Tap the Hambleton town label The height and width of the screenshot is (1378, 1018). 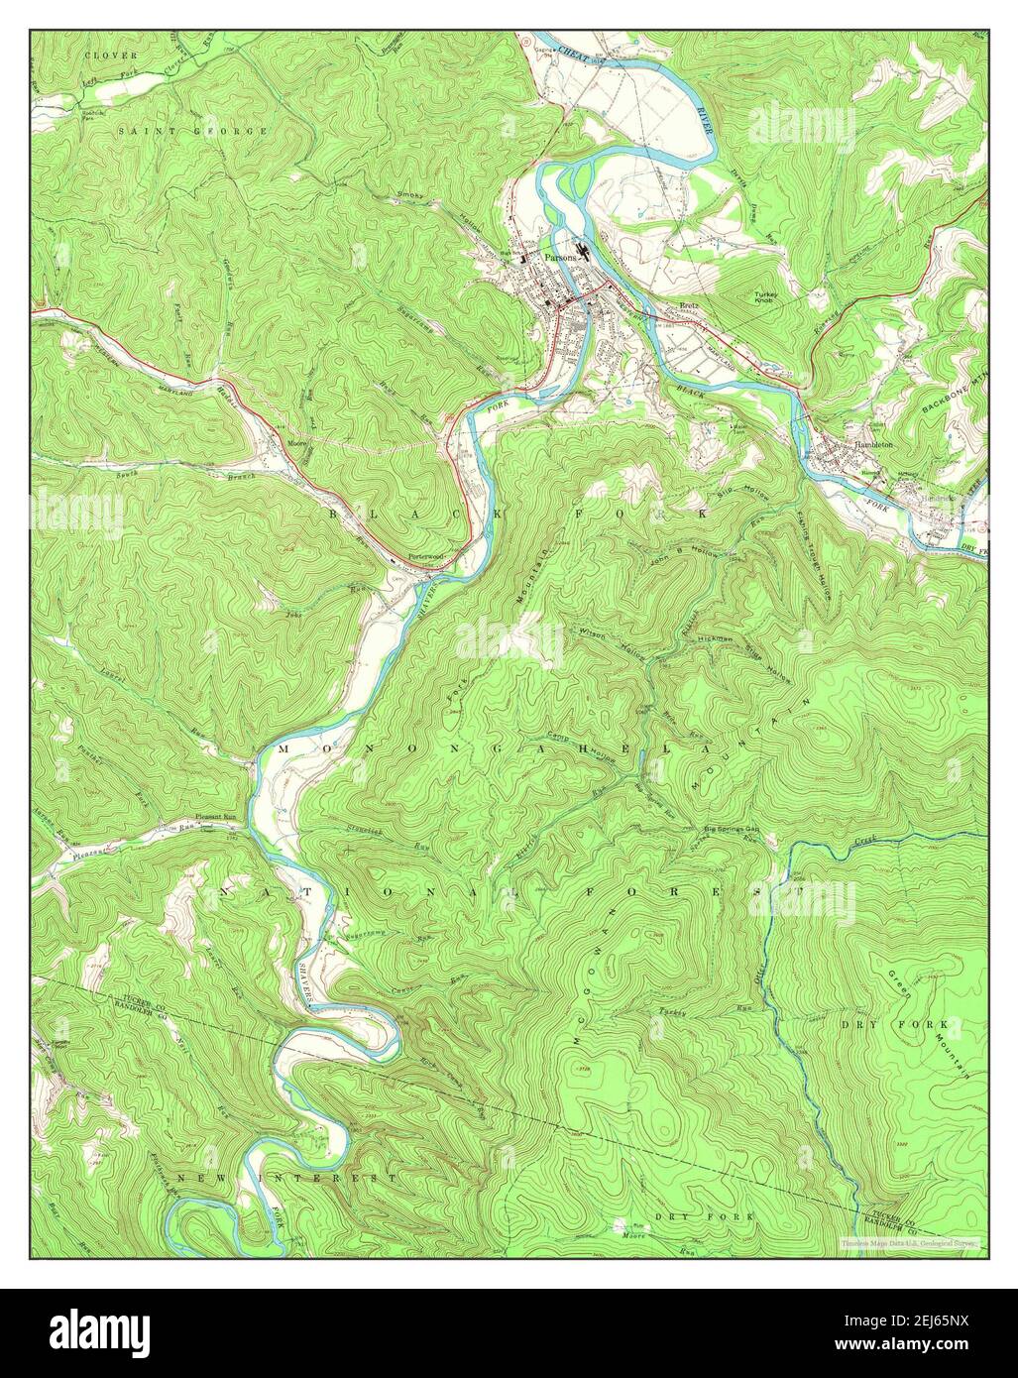tap(876, 446)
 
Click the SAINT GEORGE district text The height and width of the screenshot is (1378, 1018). tap(192, 131)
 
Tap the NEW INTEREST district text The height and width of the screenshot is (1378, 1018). tap(286, 1178)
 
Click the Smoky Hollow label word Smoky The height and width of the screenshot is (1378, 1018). tap(409, 195)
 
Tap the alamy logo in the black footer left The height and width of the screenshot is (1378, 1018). tap(98, 1333)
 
